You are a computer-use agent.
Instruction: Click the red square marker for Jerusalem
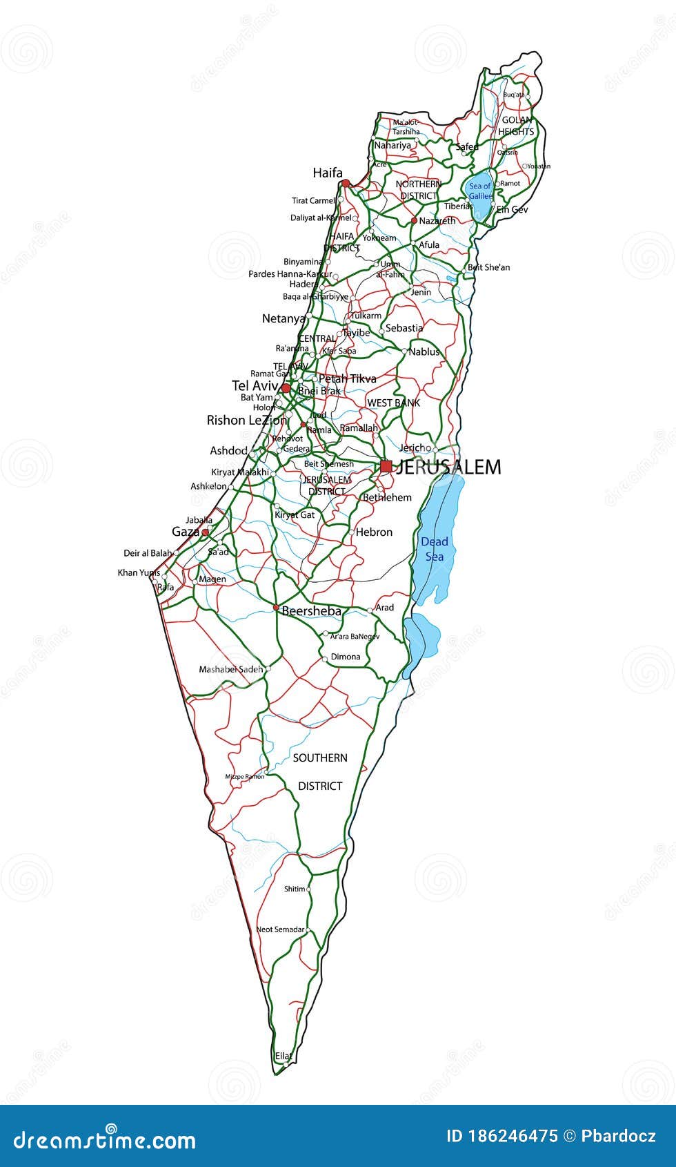[x=386, y=467]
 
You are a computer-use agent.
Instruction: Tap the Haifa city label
[x=327, y=173]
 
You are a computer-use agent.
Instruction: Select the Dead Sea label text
[x=435, y=549]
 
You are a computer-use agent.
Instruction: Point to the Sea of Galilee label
[x=479, y=191]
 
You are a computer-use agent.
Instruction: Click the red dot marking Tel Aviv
[x=286, y=388]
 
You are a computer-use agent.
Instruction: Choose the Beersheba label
[x=311, y=611]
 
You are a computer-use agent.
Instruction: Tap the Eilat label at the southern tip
[x=284, y=1056]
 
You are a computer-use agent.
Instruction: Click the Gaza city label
[x=185, y=532]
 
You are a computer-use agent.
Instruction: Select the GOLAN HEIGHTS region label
[x=516, y=126]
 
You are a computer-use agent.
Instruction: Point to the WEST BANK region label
[x=393, y=403]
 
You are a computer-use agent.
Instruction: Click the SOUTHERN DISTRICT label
[x=320, y=771]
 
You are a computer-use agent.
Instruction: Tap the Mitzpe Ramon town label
[x=244, y=777]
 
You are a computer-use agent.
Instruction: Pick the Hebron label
[x=374, y=532]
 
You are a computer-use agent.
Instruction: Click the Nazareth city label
[x=437, y=221]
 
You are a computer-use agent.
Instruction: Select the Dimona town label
[x=346, y=657]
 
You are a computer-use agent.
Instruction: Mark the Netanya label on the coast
[x=283, y=318]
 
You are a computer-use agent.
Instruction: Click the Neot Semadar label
[x=280, y=929]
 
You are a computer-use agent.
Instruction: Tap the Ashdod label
[x=228, y=450]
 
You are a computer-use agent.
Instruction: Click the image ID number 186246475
[x=512, y=1136]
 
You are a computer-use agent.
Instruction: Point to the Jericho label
[x=415, y=447]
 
